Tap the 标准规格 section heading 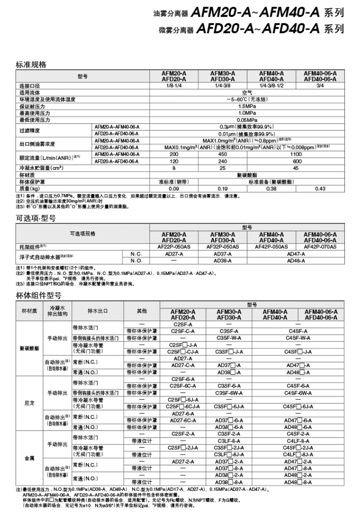point(31,65)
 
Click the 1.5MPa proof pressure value point(247,106)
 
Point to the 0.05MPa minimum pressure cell point(247,119)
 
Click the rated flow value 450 point(222,154)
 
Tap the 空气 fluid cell point(247,92)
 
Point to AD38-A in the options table point(222,260)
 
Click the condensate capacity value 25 point(222,168)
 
